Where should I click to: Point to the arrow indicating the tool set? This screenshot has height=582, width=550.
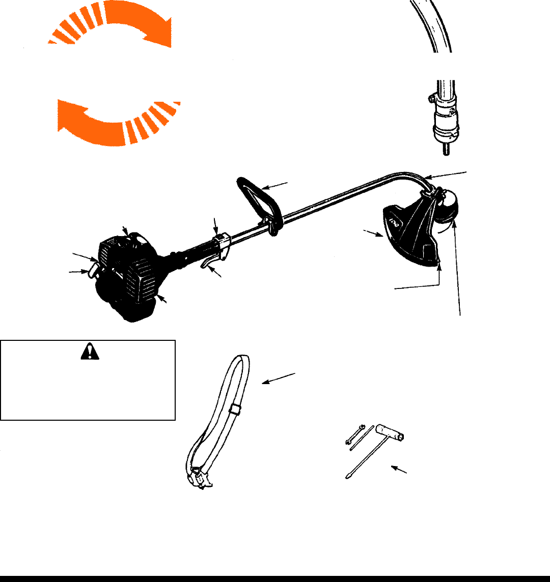(x=399, y=469)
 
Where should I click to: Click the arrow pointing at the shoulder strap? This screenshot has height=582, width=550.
(x=279, y=379)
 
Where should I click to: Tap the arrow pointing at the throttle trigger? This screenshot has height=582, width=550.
(x=217, y=274)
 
